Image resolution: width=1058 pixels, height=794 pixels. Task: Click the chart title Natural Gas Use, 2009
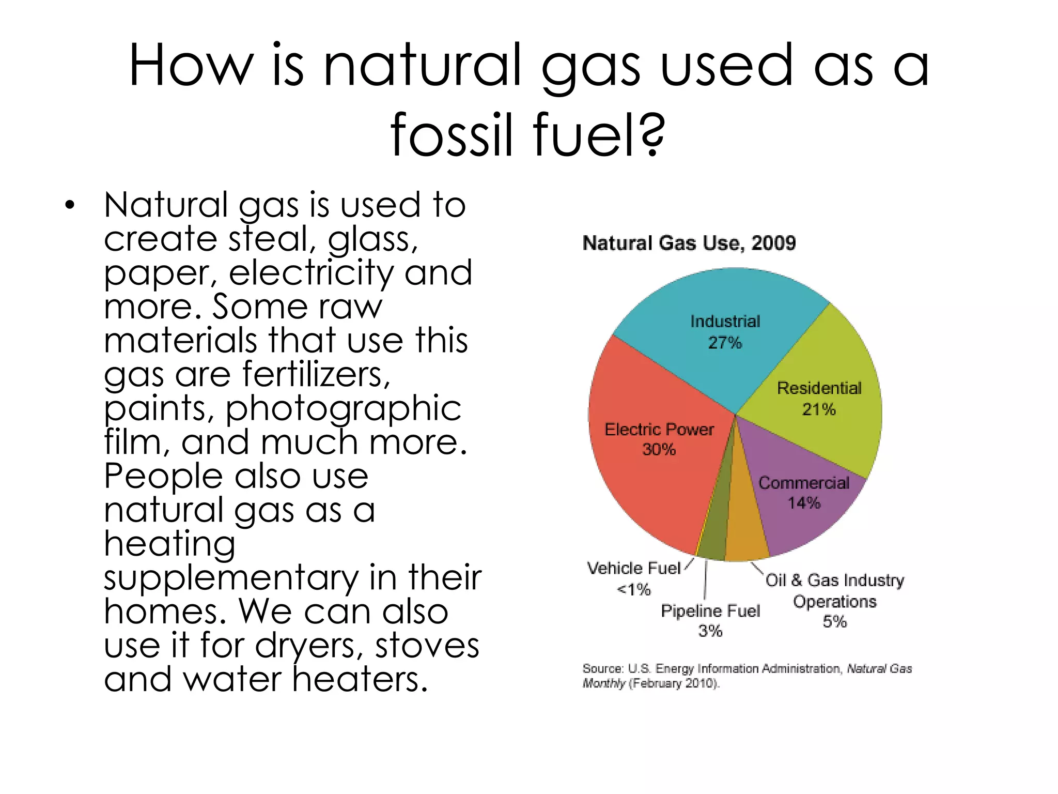pos(689,243)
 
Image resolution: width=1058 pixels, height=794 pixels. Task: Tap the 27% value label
pos(725,343)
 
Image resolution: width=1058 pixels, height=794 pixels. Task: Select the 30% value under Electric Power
pos(659,450)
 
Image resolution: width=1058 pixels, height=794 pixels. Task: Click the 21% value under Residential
pos(819,409)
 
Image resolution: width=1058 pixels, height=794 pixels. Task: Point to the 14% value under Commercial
pos(804,502)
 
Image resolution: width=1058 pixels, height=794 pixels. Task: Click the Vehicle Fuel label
pos(634,568)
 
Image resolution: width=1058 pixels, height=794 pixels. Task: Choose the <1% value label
pos(634,589)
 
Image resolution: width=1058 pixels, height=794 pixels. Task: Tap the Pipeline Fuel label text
pos(710,611)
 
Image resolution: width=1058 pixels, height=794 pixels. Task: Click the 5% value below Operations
pos(835,621)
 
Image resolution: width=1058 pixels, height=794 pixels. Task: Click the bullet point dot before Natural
pos(70,205)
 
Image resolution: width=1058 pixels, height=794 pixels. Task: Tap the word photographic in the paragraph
pos(343,408)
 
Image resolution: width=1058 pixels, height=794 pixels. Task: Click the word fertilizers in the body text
pos(316,374)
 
